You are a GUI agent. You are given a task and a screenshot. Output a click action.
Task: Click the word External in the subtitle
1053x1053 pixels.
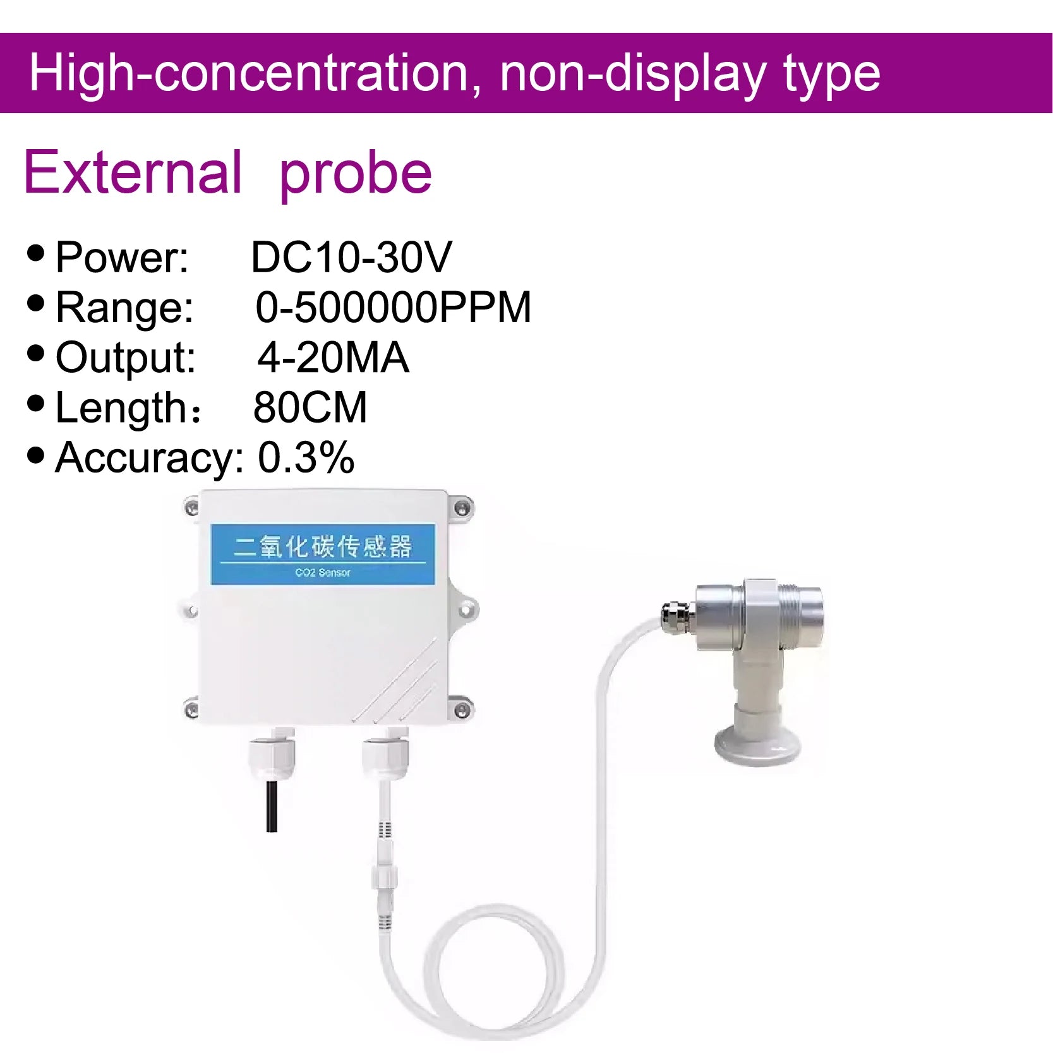133,172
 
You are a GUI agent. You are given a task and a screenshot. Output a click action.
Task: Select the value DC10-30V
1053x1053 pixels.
351,257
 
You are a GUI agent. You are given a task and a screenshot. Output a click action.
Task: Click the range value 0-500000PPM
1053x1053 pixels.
393,308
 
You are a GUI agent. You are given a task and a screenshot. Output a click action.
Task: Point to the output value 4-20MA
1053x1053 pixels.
333,358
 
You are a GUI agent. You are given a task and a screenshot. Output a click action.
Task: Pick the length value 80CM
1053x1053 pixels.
310,407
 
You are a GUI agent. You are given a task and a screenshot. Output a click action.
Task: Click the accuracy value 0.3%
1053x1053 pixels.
306,457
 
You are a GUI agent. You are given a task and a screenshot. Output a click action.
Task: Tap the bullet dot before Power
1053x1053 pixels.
36,253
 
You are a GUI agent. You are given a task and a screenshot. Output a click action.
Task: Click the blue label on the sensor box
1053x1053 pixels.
323,554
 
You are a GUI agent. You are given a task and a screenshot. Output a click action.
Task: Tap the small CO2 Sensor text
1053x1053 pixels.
323,572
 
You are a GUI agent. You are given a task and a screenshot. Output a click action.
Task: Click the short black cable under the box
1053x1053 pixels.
272,807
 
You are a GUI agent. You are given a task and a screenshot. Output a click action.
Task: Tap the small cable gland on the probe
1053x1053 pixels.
677,616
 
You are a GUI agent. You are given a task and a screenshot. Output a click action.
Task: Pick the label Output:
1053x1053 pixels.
126,358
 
